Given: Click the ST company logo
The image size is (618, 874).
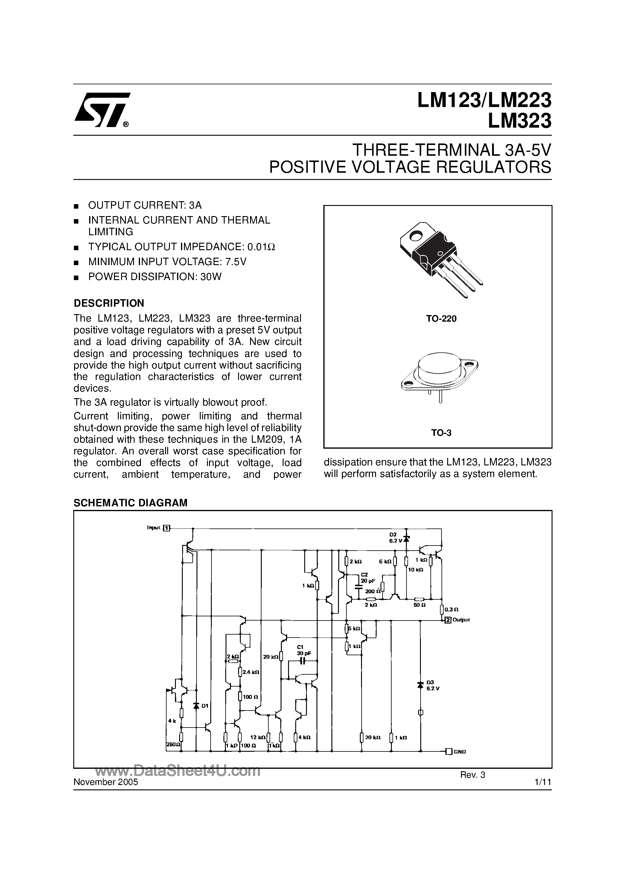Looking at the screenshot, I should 102,110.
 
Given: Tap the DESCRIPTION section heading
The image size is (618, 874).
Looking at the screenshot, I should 109,303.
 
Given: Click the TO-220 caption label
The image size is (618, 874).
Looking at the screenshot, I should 441,319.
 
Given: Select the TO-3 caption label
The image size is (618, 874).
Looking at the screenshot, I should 441,433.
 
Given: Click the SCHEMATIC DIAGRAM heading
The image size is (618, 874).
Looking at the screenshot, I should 130,503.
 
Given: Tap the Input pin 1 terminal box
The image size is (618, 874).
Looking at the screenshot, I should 167,528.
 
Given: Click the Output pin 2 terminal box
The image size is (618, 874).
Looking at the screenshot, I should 448,620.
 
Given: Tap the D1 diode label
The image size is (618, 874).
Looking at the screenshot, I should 205,706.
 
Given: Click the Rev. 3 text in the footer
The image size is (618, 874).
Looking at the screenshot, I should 472,775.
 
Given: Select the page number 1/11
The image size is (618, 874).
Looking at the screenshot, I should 543,782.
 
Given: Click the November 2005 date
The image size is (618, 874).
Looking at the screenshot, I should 106,782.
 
